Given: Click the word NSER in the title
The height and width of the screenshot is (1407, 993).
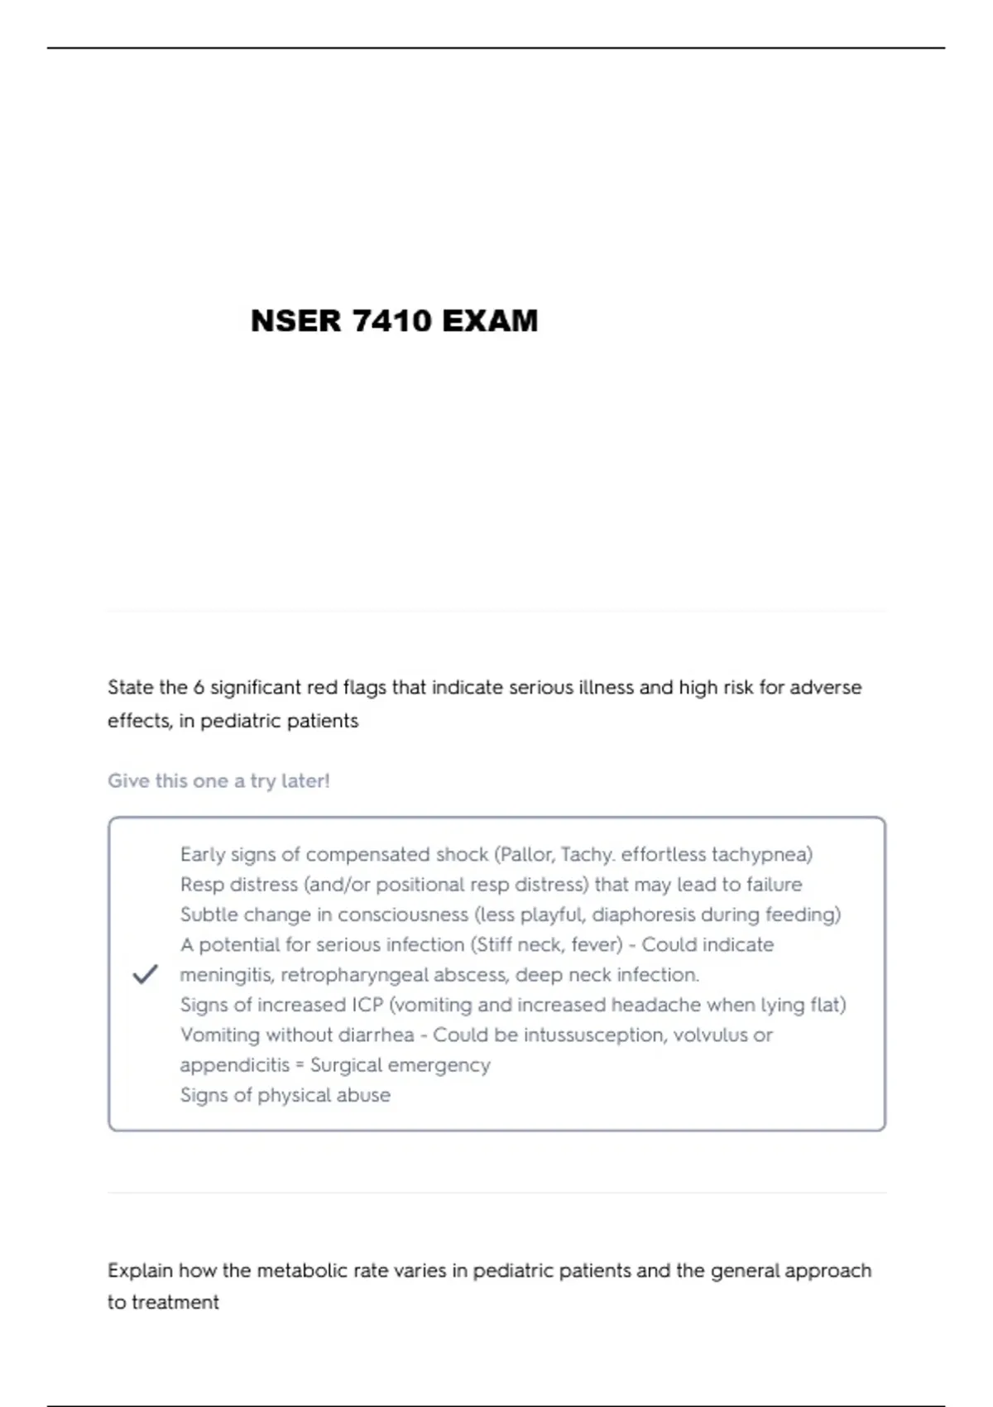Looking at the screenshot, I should [x=295, y=321].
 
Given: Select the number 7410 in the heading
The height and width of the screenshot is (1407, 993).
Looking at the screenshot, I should [x=391, y=321].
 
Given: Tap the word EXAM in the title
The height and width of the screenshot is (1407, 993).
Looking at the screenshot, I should [x=490, y=321].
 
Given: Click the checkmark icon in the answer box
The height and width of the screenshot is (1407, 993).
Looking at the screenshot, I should [x=145, y=974].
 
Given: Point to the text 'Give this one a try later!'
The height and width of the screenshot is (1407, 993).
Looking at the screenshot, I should [x=218, y=780].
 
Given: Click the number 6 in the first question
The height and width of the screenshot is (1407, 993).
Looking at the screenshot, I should [x=199, y=688].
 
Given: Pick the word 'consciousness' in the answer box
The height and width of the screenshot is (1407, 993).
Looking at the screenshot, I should [x=403, y=915].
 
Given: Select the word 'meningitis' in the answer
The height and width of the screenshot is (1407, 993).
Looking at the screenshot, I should [x=226, y=975].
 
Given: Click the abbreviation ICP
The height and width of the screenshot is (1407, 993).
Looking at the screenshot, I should [x=367, y=1005].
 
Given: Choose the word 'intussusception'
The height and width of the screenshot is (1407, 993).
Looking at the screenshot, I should [x=593, y=1035].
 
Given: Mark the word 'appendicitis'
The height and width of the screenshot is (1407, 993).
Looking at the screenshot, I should [x=235, y=1065].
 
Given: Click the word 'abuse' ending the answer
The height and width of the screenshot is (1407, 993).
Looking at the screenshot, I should [x=364, y=1095].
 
